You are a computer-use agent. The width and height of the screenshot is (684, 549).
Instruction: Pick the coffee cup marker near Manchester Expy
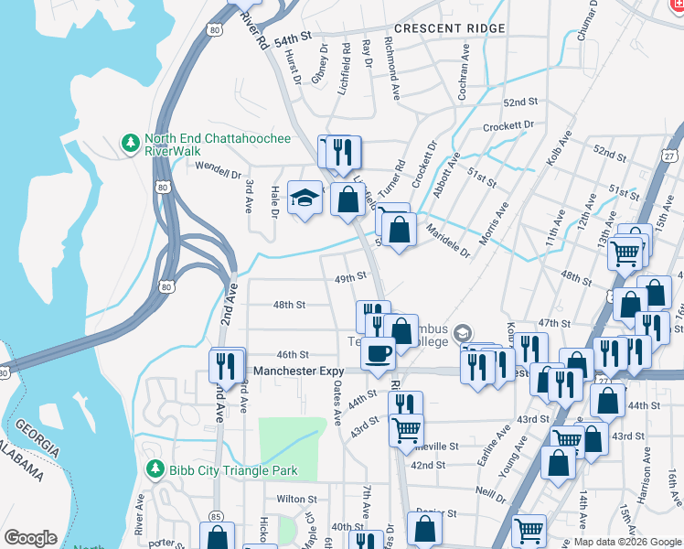pyautogui.click(x=378, y=352)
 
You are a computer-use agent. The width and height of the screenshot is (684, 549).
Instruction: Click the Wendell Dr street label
pyautogui.click(x=218, y=168)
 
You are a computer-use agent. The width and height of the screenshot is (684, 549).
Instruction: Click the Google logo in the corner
pyautogui.click(x=30, y=538)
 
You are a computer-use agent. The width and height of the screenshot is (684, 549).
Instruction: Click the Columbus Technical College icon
pyautogui.click(x=464, y=331)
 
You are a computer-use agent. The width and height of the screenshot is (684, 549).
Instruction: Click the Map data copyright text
pyautogui.click(x=627, y=542)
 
